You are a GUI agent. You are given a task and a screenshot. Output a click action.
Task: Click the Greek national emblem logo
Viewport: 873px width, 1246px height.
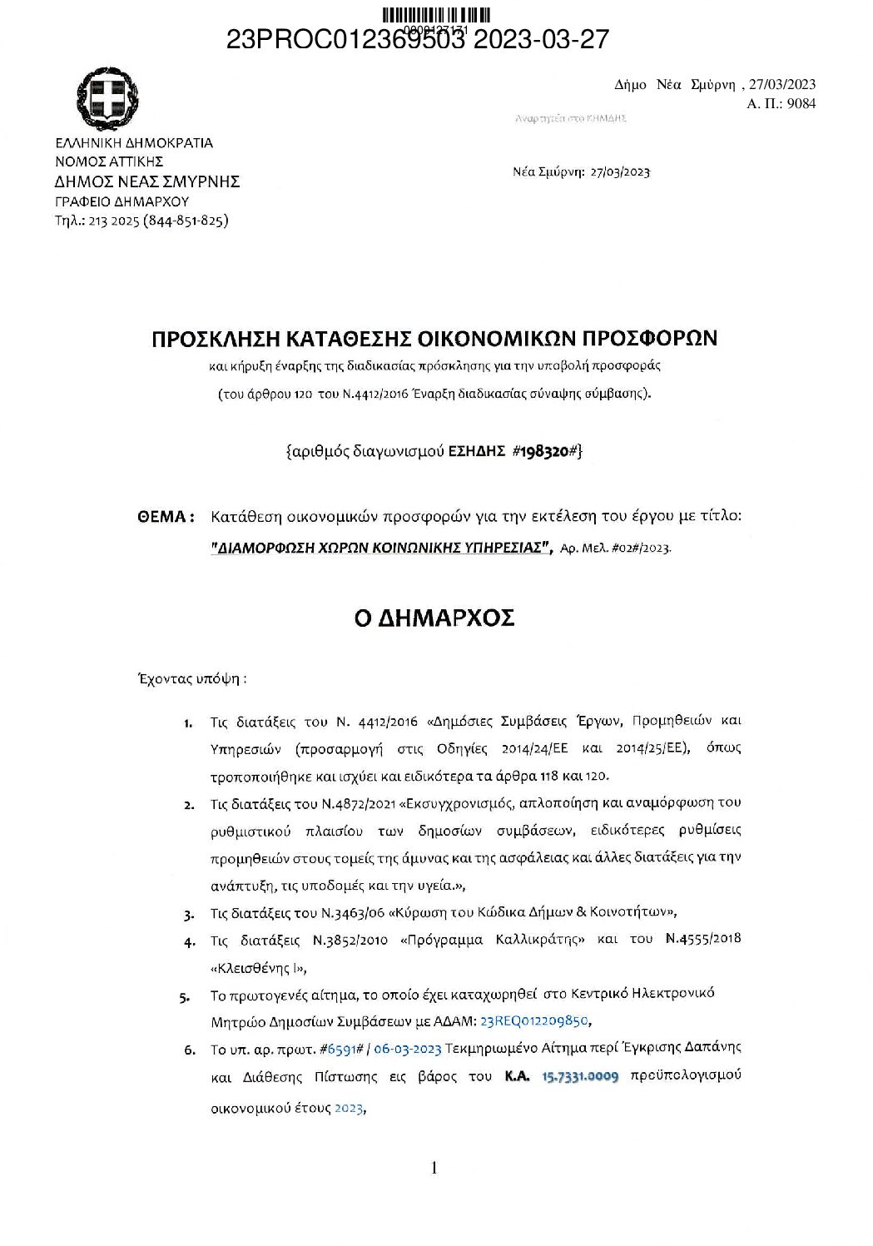pyautogui.click(x=107, y=97)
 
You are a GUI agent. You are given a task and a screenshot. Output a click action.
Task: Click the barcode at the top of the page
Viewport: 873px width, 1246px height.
pyautogui.click(x=436, y=15)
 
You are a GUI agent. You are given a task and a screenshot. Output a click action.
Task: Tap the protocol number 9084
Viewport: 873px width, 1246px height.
pyautogui.click(x=801, y=103)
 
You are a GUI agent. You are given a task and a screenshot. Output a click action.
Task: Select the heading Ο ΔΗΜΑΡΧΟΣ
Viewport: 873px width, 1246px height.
pyautogui.click(x=434, y=618)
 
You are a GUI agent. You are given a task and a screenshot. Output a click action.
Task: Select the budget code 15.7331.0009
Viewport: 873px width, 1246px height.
pyautogui.click(x=580, y=1076)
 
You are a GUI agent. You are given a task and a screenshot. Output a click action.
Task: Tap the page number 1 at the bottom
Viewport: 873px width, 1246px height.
pyautogui.click(x=434, y=1168)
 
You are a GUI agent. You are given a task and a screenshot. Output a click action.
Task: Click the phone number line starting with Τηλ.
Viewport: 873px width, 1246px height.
pyautogui.click(x=141, y=221)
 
